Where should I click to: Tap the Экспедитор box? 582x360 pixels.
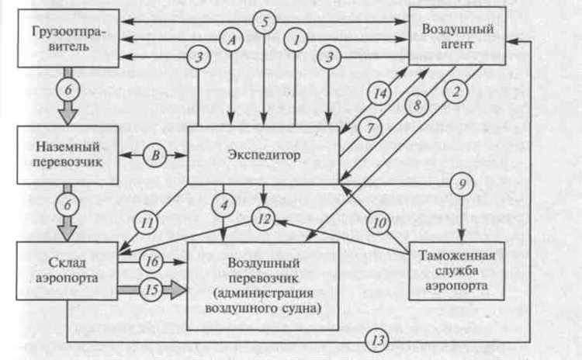[x=265, y=154]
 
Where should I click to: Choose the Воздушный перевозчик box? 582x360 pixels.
[x=264, y=285]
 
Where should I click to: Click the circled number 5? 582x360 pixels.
[x=265, y=22]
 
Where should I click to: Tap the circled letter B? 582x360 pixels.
[x=156, y=154]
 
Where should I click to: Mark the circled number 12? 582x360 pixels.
[x=265, y=219]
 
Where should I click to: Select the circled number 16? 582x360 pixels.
[x=152, y=261]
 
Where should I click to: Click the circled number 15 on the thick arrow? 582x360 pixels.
[x=152, y=289]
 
